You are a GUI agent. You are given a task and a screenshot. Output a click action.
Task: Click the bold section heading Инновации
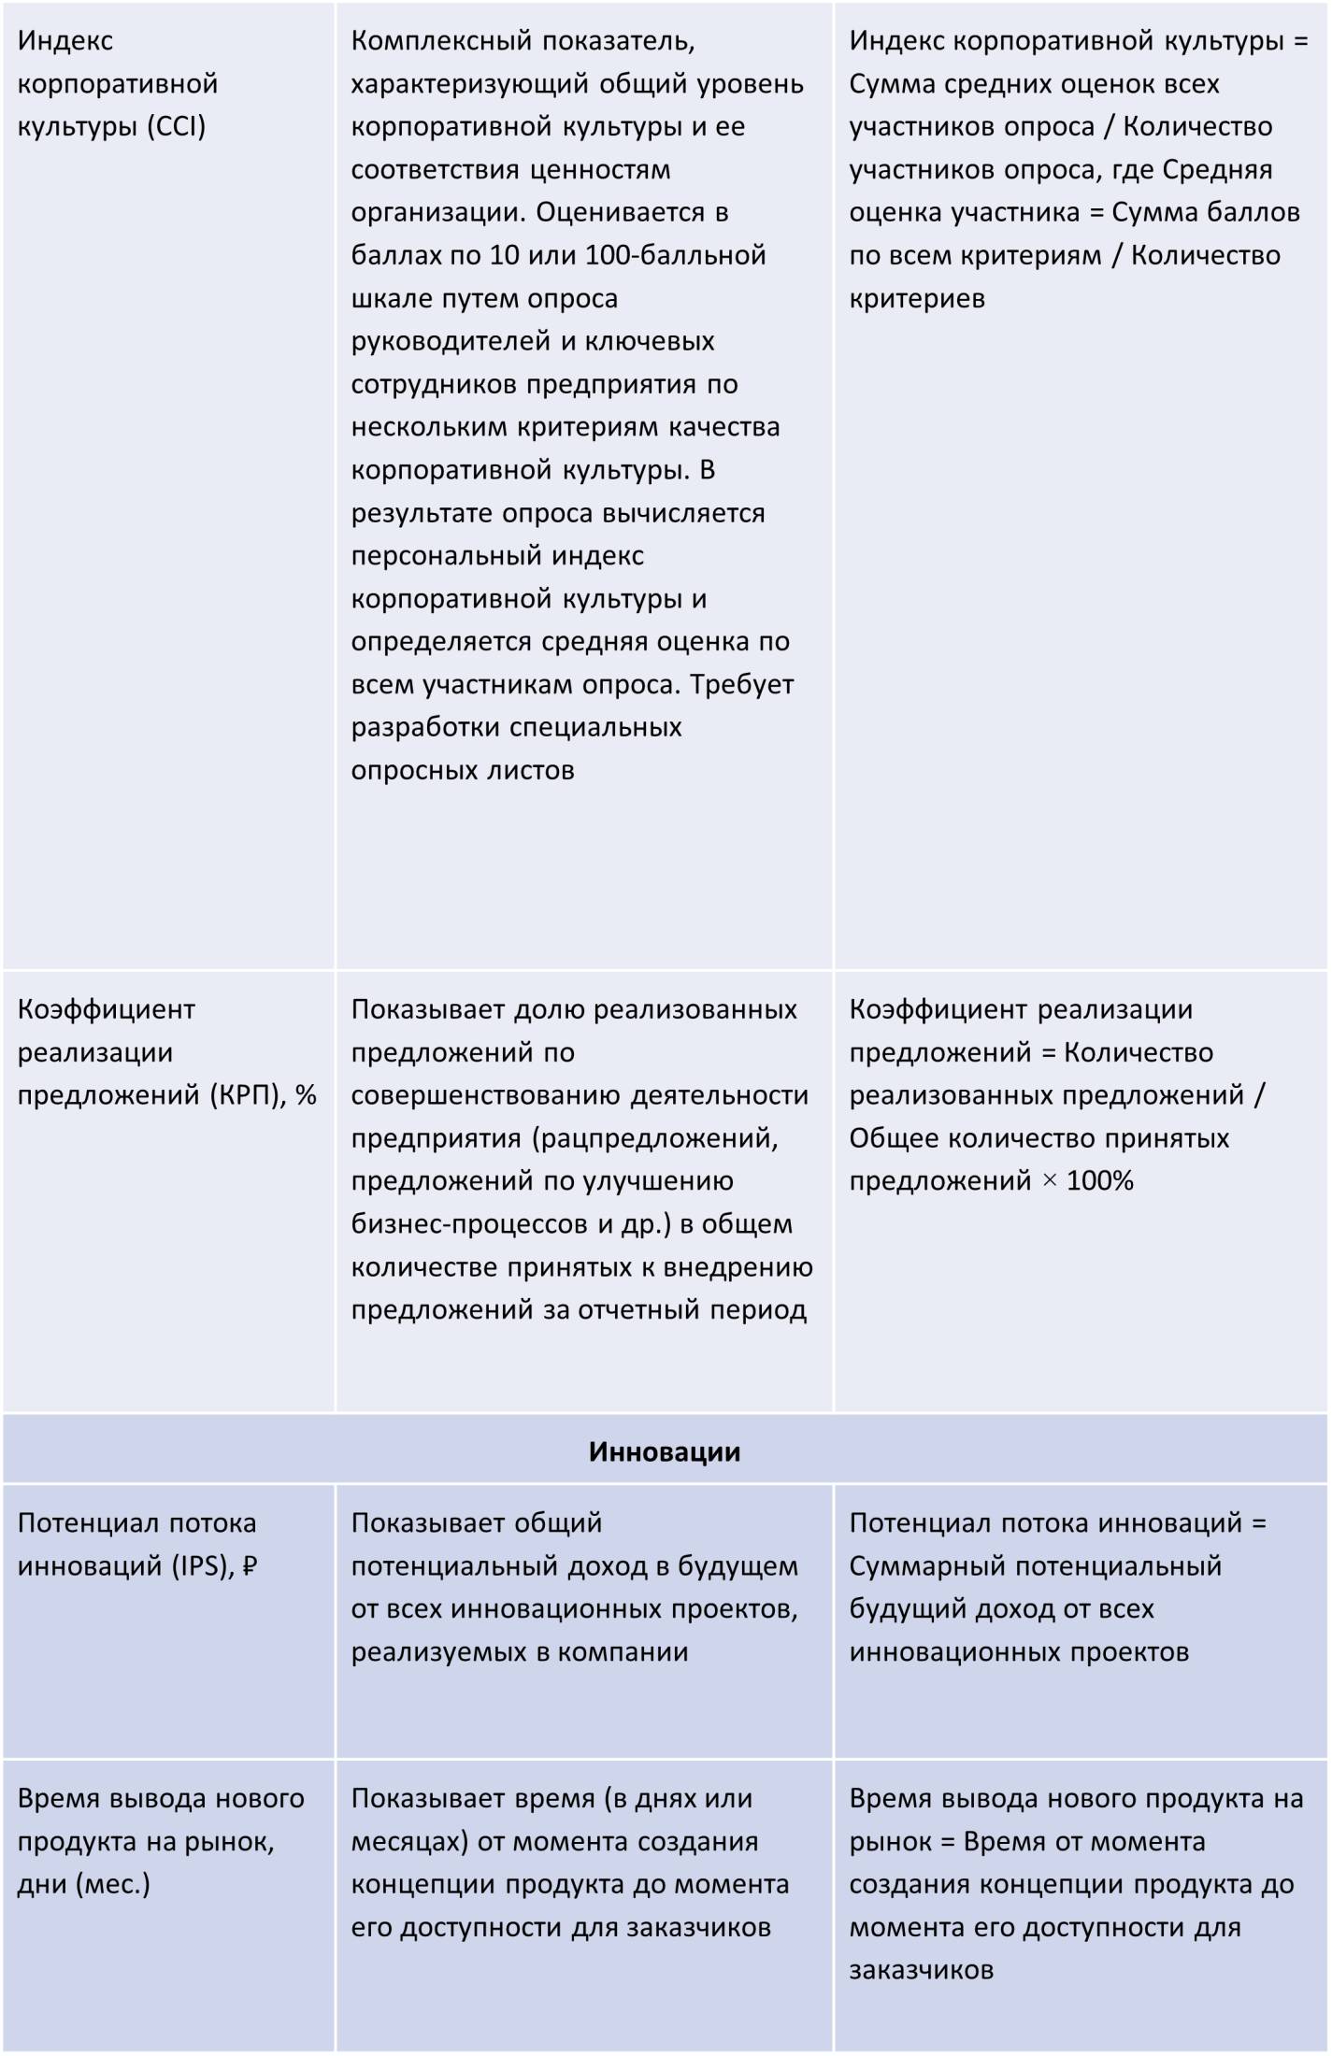pyautogui.click(x=664, y=1452)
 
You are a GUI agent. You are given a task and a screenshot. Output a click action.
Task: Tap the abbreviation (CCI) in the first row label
pyautogui.click(x=176, y=126)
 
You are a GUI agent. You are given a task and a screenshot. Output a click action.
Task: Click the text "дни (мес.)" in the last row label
pyautogui.click(x=84, y=1884)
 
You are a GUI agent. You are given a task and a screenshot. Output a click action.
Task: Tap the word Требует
pyautogui.click(x=742, y=685)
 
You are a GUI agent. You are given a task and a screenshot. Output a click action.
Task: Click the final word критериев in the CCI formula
pyautogui.click(x=917, y=299)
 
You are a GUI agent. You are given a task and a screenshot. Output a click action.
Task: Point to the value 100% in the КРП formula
pyautogui.click(x=1100, y=1181)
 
